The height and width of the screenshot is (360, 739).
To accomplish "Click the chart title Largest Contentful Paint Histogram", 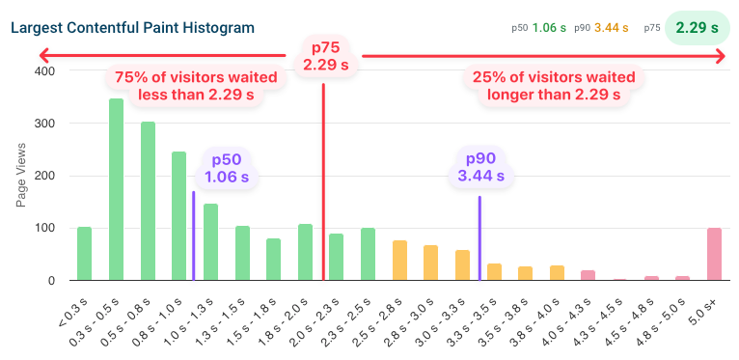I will click(132, 27).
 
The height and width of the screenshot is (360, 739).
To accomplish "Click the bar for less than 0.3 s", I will click(85, 254).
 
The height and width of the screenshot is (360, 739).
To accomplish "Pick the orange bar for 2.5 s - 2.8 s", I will click(399, 261).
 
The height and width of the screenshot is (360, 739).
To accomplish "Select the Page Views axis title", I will click(21, 177).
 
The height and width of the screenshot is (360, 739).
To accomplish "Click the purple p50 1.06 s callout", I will click(226, 168).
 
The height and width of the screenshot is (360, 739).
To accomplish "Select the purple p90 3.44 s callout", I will click(479, 168).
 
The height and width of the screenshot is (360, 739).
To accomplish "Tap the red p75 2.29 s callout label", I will click(325, 57).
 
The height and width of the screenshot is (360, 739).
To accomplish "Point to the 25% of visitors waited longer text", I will click(553, 85).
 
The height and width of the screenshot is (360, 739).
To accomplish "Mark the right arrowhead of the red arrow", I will click(718, 57).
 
